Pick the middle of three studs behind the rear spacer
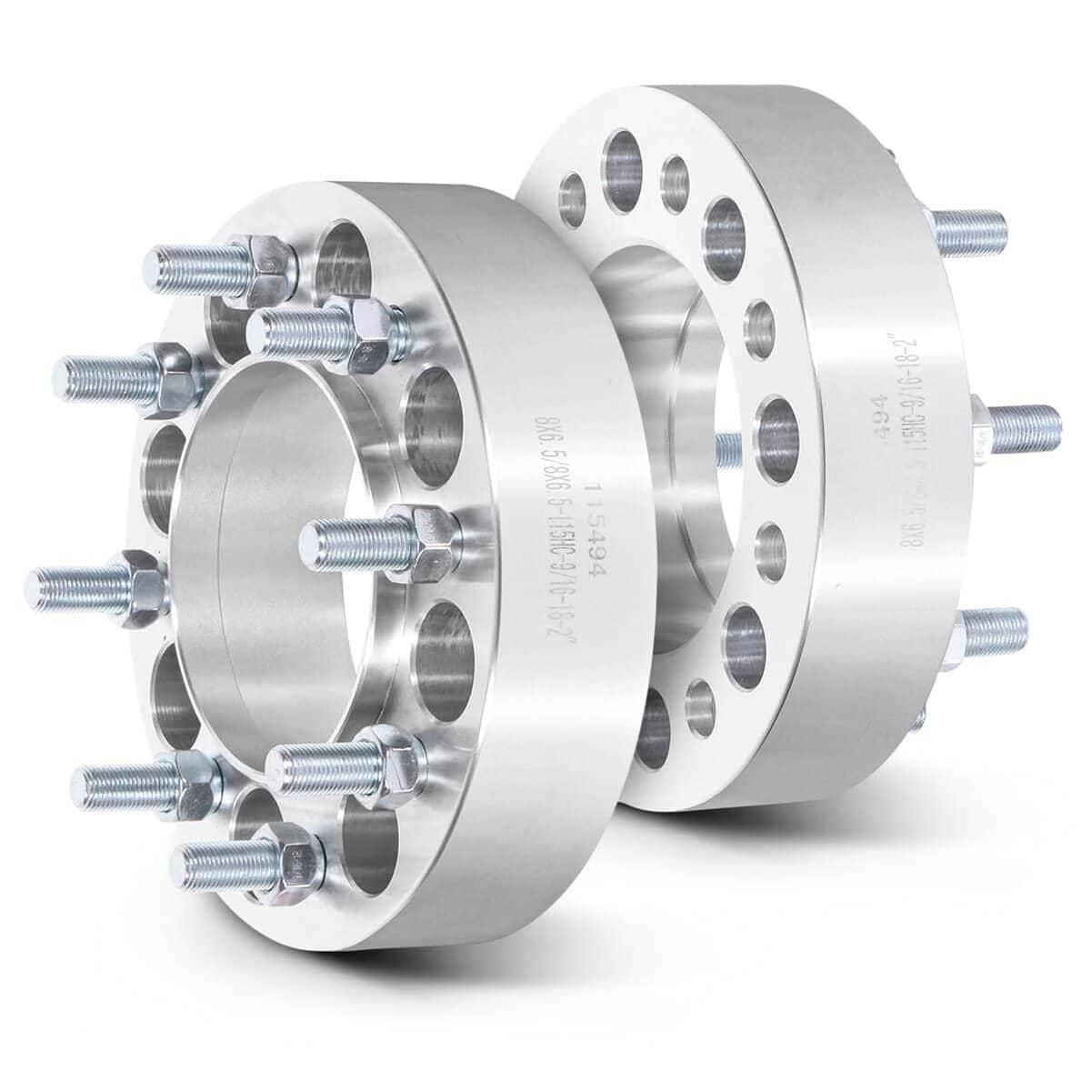click(x=1018, y=424)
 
